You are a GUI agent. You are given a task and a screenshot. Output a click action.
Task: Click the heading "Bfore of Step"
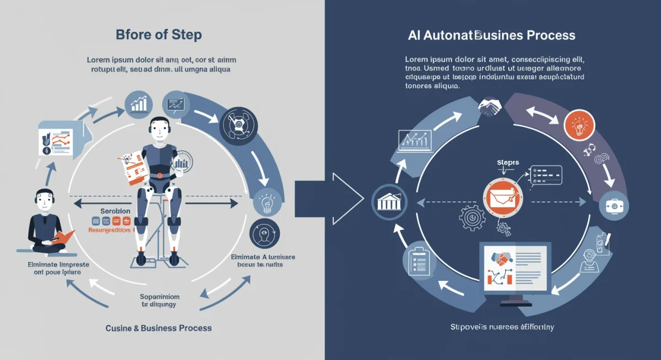coord(159,35)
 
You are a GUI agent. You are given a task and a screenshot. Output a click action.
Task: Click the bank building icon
coord(388,201)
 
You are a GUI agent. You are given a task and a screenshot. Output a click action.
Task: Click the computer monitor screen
coord(515,268)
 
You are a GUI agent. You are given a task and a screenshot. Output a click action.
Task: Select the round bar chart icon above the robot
coord(139,103)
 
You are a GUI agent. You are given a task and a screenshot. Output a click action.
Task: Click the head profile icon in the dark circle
coord(264,234)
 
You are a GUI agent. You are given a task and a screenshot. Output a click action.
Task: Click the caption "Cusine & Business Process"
coord(158,328)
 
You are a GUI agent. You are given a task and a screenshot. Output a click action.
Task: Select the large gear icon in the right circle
coord(472,219)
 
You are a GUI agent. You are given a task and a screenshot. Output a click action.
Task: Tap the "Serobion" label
coord(115,211)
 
